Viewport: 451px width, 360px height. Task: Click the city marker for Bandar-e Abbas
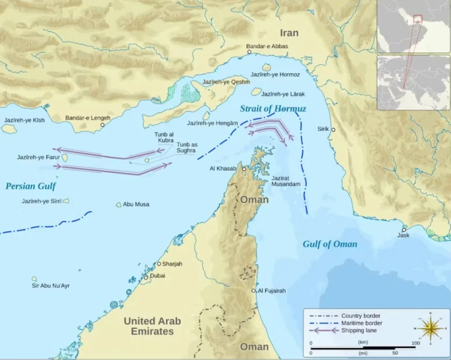coord(249,52)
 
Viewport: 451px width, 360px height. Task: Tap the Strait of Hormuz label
coord(272,109)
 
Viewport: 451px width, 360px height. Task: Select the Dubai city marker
coord(145,277)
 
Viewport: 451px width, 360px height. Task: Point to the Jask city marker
coord(404,229)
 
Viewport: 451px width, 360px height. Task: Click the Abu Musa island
coord(118,205)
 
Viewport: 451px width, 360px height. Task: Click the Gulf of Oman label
coord(330,244)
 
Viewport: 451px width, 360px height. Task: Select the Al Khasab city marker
coord(244,168)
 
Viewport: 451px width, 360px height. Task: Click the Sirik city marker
coord(333,130)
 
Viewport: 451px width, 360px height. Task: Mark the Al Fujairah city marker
coord(254,291)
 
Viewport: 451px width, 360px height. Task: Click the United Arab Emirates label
coord(152,326)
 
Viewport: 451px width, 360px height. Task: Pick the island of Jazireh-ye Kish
coord(8,128)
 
